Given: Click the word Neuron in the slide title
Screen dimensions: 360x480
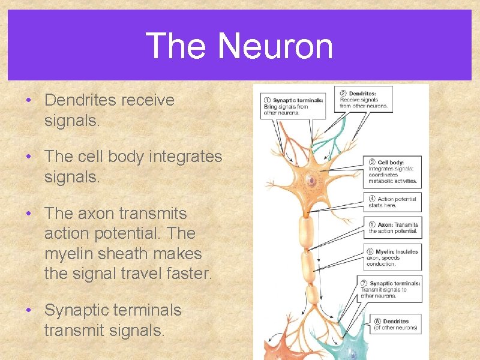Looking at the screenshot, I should pyautogui.click(x=275, y=46).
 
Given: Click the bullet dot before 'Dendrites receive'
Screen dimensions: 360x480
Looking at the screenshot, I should pyautogui.click(x=29, y=100).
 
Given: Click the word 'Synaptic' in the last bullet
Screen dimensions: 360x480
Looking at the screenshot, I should pyautogui.click(x=79, y=310).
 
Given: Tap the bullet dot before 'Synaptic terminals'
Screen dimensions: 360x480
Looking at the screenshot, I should pyautogui.click(x=29, y=310).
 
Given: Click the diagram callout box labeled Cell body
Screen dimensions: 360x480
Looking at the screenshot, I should pyautogui.click(x=392, y=172).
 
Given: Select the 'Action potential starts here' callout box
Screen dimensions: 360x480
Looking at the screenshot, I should pyautogui.click(x=392, y=202).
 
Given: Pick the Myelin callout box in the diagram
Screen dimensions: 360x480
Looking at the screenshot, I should pyautogui.click(x=392, y=257).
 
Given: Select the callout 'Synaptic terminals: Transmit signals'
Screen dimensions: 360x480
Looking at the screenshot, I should pyautogui.click(x=392, y=289).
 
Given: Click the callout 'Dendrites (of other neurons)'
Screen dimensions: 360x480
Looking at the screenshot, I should pyautogui.click(x=392, y=325).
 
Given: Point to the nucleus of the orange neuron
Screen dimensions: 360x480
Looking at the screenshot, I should pyautogui.click(x=311, y=179).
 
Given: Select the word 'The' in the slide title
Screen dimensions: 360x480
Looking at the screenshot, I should pyautogui.click(x=176, y=46).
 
